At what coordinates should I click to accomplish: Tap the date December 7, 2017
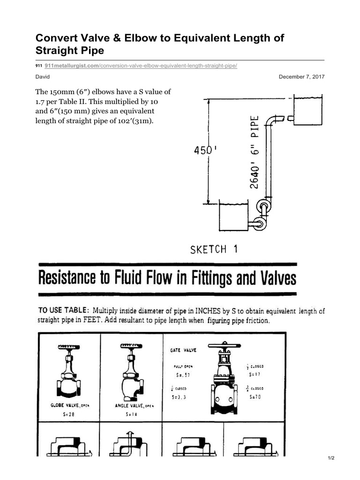(x=301, y=76)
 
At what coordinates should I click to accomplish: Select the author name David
(x=43, y=76)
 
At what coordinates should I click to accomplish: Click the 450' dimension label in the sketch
(x=205, y=151)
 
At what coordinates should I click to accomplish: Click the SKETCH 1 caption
(x=214, y=249)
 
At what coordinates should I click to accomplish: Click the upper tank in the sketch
(x=307, y=112)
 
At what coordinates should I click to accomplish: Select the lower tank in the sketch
(x=233, y=217)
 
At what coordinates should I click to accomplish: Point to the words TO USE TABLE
(x=63, y=310)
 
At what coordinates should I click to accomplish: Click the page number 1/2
(x=330, y=458)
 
